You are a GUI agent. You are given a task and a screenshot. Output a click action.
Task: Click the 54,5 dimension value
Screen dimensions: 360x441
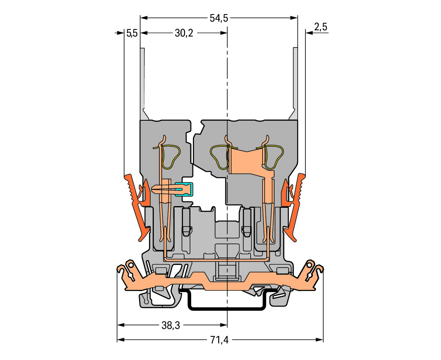(x=219, y=18)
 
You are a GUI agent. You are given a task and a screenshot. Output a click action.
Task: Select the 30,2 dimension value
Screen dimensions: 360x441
(x=184, y=34)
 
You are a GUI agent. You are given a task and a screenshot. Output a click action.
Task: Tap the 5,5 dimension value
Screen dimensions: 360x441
(x=132, y=34)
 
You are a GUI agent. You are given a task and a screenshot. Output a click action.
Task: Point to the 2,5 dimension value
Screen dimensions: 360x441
(x=321, y=27)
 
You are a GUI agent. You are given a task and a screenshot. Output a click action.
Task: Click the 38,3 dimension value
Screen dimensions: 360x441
(x=171, y=326)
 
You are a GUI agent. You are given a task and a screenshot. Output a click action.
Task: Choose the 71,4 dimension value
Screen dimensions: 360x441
(x=219, y=341)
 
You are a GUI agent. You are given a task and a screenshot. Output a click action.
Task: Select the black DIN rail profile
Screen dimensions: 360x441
(x=227, y=307)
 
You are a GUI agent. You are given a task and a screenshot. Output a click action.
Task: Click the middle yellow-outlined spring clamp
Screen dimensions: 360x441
(x=220, y=158)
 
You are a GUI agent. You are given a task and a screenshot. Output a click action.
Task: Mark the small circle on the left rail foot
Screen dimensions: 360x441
(x=130, y=264)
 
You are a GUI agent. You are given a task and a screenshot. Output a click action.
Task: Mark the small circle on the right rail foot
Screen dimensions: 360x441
(x=309, y=264)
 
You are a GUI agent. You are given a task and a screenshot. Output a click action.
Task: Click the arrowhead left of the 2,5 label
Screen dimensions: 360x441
(x=309, y=34)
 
